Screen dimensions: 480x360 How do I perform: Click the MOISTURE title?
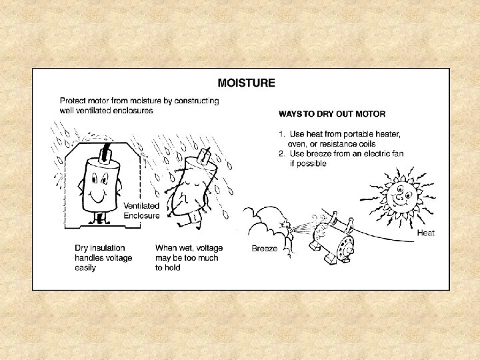pos(247,83)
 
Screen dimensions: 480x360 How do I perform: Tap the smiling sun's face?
pos(401,194)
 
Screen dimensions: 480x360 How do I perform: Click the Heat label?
pos(426,233)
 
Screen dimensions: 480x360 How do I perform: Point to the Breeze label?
pos(265,248)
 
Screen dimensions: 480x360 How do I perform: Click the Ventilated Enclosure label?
pos(142,211)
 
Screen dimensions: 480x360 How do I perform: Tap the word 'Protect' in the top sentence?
pos(71,101)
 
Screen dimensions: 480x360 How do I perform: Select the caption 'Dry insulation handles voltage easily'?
pos(103,258)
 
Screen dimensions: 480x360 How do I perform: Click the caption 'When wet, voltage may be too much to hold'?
pos(189,258)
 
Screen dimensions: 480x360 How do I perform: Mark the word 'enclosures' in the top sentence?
pos(133,110)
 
